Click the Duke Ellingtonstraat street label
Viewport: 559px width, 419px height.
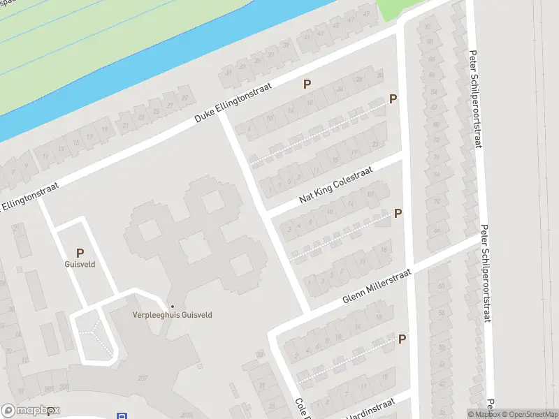click(233, 106)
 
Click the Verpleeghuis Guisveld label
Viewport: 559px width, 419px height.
click(173, 315)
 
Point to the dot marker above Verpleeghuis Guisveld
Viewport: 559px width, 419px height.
click(173, 306)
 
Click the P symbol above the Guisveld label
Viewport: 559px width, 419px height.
click(80, 253)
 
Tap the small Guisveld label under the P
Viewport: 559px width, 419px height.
click(80, 265)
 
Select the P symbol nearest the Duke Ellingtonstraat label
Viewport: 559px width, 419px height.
click(306, 84)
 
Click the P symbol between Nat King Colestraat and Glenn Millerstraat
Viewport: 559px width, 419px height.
click(398, 214)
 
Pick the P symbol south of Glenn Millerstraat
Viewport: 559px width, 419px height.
click(402, 339)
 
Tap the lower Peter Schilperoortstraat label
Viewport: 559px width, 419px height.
click(486, 273)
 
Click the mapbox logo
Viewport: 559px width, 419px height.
click(30, 411)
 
